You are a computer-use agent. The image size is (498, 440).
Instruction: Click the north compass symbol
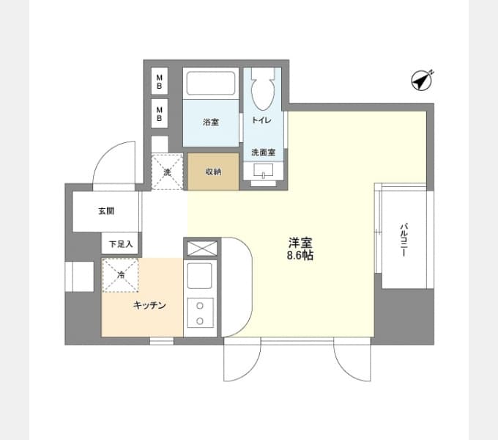click(x=422, y=80)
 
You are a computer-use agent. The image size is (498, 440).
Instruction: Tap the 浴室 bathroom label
click(x=211, y=122)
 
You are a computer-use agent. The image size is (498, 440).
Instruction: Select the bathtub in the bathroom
click(x=211, y=83)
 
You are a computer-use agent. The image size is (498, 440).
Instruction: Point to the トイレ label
click(x=261, y=120)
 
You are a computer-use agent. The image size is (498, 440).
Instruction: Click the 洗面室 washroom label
click(x=264, y=153)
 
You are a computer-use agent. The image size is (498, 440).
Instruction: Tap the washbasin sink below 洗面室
click(x=264, y=171)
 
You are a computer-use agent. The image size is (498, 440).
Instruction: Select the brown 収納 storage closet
click(x=213, y=172)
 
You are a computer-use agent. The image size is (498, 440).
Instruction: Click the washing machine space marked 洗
click(x=167, y=172)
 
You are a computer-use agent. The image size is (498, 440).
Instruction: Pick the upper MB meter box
click(x=160, y=81)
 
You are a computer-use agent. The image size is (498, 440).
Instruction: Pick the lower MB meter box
click(x=160, y=114)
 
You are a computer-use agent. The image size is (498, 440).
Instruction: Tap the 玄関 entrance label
click(x=106, y=210)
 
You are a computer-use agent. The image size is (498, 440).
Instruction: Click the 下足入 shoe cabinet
click(x=121, y=243)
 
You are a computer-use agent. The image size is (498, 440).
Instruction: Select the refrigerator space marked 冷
click(x=120, y=275)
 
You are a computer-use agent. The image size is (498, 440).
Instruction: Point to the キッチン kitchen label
click(x=149, y=305)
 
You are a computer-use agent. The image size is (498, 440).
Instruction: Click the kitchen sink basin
click(x=200, y=276)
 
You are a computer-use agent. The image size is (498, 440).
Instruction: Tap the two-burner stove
click(x=200, y=313)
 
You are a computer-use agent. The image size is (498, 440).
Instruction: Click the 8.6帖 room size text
click(x=300, y=255)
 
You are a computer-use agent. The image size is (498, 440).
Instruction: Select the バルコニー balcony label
click(x=404, y=241)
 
